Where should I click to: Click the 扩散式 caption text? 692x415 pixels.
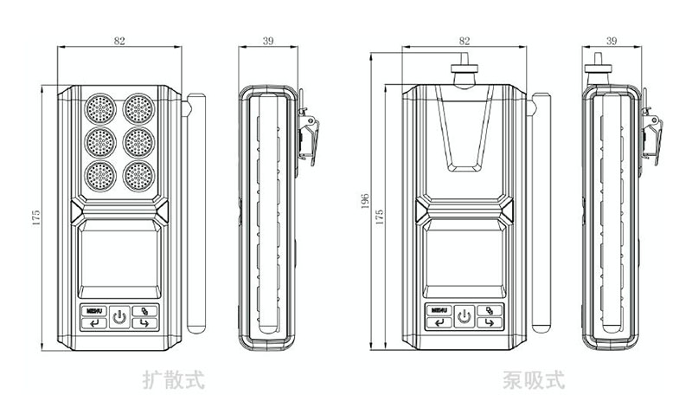coord(174,379)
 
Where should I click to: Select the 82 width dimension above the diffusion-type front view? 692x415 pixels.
coord(121,41)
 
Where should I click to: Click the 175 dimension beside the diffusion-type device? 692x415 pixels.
coord(35,217)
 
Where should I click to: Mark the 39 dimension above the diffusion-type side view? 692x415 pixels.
coord(269,41)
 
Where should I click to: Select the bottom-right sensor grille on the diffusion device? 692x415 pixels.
coord(138,176)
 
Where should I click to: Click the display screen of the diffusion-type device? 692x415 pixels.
coord(119,260)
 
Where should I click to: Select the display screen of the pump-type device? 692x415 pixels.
coord(465,260)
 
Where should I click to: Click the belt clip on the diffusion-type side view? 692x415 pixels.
coord(307,134)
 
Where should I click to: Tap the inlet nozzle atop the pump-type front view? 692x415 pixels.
coord(465,69)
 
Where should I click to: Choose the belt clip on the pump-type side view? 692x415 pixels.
coord(650,134)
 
